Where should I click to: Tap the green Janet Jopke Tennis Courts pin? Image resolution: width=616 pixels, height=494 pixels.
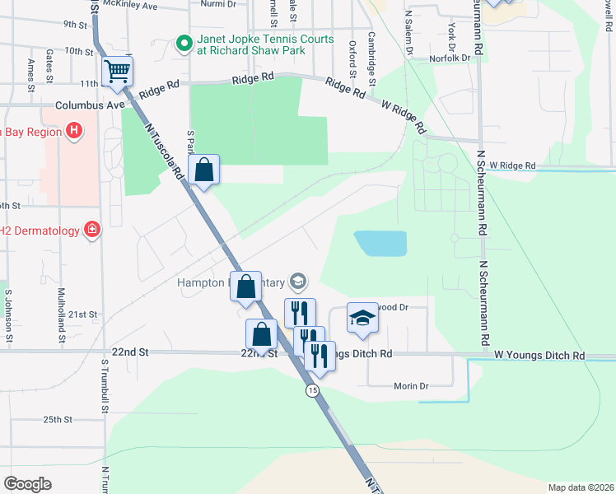[184, 41]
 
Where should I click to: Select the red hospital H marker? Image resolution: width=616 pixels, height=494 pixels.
[74, 130]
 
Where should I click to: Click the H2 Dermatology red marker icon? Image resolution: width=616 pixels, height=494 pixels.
[92, 231]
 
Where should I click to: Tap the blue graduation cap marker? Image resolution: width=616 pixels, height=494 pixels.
[361, 318]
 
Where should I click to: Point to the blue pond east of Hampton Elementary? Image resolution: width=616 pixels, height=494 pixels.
[380, 243]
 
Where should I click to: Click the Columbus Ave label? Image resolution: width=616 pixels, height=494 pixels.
[90, 105]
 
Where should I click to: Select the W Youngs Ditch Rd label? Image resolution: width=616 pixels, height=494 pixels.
[539, 356]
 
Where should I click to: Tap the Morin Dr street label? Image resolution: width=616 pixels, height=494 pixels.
[412, 385]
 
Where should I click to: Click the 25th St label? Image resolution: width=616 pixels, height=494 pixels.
[58, 419]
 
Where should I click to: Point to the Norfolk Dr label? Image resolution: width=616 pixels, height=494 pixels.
[450, 58]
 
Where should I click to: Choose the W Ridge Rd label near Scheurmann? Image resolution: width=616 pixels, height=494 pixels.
[512, 165]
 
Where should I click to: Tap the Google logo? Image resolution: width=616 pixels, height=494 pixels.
[27, 484]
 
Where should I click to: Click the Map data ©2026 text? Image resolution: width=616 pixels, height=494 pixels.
[581, 487]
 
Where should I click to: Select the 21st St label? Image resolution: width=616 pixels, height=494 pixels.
[82, 315]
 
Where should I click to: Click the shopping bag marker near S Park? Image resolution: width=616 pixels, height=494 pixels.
[204, 170]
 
